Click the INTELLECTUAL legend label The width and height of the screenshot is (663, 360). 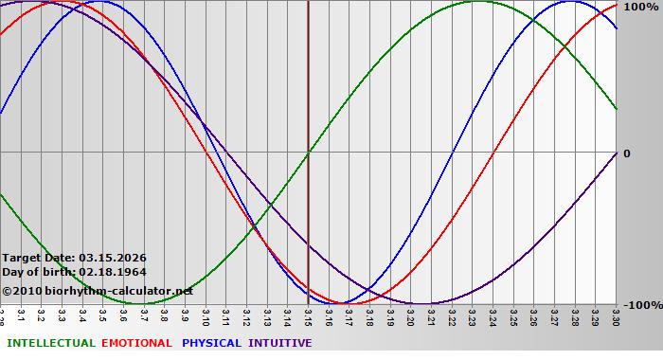pos(50,343)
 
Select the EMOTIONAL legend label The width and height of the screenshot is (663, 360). pos(136,343)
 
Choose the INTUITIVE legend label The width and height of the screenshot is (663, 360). pos(279,343)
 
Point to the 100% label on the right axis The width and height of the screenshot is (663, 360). pos(640,7)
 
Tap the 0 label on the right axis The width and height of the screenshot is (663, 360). pos(626,153)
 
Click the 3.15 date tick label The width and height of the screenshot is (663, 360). pos(309,314)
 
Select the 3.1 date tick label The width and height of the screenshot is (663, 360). pos(21,313)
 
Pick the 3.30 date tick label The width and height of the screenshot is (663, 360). pos(617,314)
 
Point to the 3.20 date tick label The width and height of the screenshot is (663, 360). pos(411,314)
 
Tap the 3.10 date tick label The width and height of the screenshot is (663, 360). pos(206,314)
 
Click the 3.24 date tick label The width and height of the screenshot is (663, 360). pos(493,314)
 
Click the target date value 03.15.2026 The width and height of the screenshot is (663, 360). pos(113,258)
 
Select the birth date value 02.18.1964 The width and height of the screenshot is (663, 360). pos(113,272)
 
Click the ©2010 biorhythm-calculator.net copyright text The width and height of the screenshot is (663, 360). pos(98,291)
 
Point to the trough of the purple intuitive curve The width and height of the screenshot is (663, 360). pos(421,304)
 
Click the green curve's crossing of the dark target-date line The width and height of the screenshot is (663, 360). pos(309,152)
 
